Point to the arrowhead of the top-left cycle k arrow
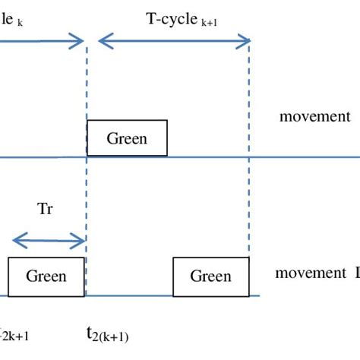[x=80, y=41]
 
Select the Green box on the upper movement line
[x=127, y=138]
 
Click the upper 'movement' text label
[x=314, y=116]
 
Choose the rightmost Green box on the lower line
[x=210, y=276]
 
